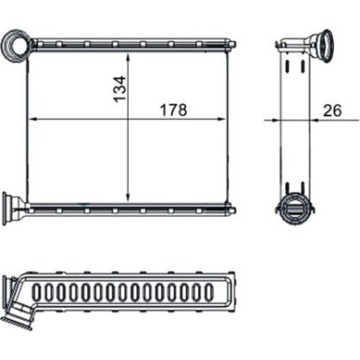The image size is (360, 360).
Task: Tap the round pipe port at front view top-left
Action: tap(17, 43)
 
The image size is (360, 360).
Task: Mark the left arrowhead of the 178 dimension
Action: tap(34, 120)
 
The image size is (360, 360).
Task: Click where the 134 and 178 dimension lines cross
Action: tap(128, 120)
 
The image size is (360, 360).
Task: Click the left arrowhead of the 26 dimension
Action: tap(278, 120)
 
